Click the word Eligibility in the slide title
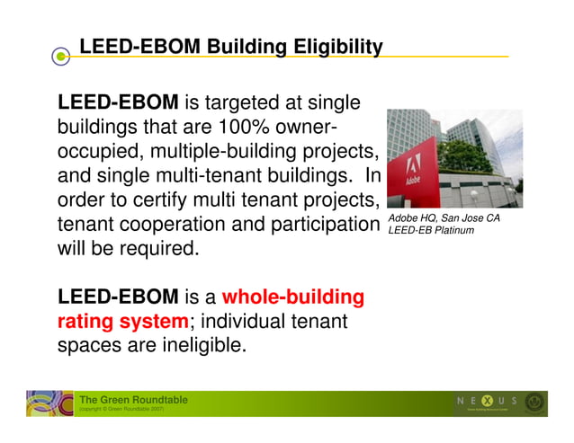point(338,47)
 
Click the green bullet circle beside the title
point(60,57)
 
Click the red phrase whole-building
point(292,297)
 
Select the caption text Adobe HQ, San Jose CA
point(444,218)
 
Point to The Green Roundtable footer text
point(133,400)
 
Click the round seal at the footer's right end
point(535,403)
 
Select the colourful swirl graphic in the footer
point(49,403)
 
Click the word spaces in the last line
point(91,344)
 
